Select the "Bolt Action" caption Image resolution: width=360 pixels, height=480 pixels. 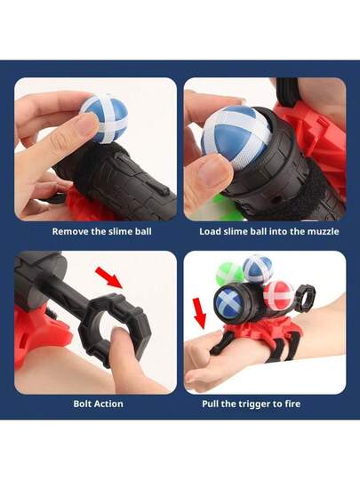click(98, 404)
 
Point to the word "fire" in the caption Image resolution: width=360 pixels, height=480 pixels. click(292, 404)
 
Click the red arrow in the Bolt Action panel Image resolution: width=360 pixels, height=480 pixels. click(109, 277)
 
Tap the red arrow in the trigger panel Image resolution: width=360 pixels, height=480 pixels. click(199, 312)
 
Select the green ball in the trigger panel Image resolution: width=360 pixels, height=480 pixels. click(229, 274)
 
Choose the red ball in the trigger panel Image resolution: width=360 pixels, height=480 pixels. click(278, 295)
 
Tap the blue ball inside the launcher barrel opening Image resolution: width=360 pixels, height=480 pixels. click(229, 300)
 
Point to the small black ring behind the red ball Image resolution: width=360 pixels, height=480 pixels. click(305, 295)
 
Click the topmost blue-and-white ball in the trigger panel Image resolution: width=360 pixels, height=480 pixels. click(258, 268)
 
